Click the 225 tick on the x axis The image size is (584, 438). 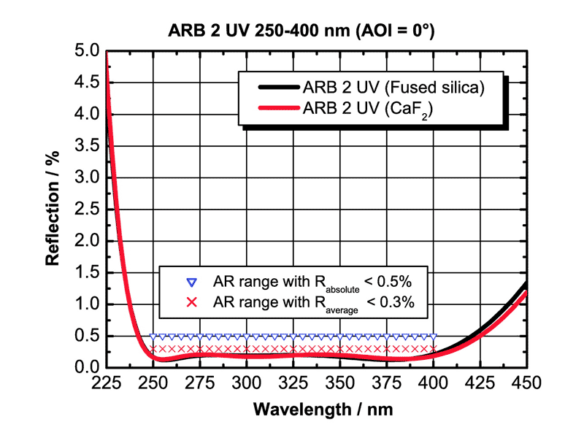[x=107, y=383]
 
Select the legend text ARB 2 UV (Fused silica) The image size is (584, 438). [x=394, y=88]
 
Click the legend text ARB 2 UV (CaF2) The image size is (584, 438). [x=372, y=109]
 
